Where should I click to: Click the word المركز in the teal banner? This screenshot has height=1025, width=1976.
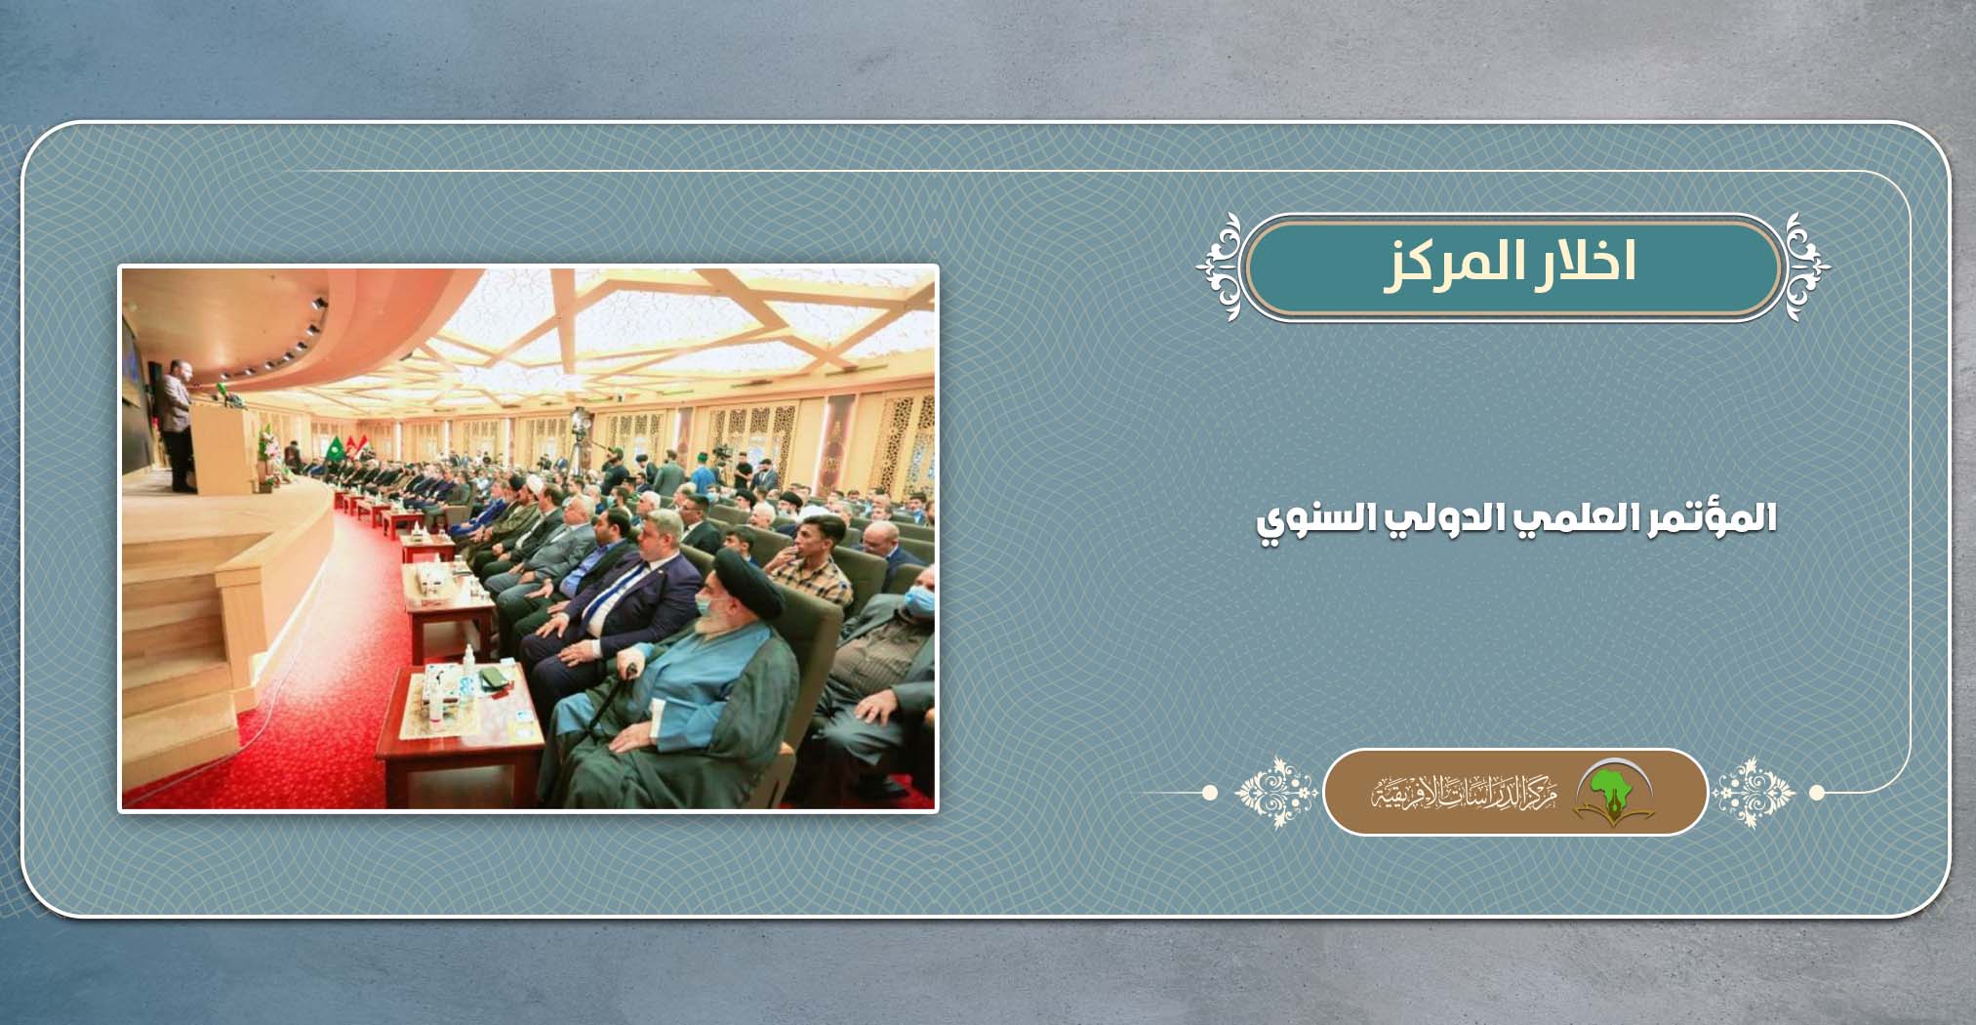point(1448,264)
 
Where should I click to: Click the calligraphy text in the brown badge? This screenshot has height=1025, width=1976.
point(1464,794)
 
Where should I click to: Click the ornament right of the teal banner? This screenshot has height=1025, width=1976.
point(1808,266)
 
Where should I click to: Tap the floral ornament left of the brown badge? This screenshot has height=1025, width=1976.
point(1276,792)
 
